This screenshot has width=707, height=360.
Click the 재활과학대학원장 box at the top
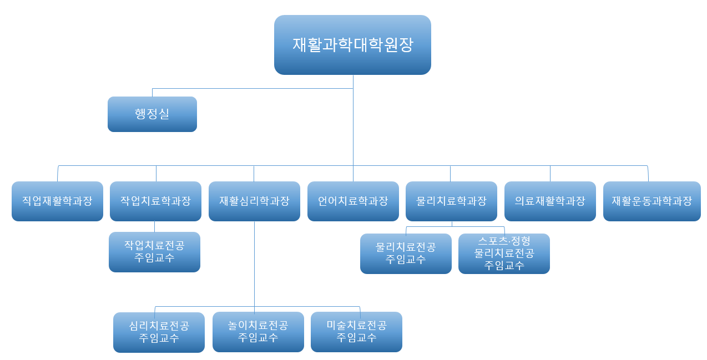352,45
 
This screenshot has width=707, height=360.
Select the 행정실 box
152,114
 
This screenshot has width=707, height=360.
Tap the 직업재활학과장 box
57,201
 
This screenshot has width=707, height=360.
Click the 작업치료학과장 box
155,201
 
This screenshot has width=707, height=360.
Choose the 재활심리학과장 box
254,201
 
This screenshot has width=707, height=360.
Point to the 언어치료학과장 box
353,201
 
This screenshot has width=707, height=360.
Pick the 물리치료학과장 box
451,201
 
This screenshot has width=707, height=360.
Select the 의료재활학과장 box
550,201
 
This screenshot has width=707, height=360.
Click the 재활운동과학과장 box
652,201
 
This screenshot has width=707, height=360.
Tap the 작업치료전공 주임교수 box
154,252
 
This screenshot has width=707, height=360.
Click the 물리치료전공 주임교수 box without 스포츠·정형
406,253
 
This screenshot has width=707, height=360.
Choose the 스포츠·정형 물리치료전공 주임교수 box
504,253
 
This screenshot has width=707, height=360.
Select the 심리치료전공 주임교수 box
159,332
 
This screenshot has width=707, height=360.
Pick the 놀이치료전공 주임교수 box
258,332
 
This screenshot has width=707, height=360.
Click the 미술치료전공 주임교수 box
356,332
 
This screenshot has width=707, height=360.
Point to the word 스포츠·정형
504,241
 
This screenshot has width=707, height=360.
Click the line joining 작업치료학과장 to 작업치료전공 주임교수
154,226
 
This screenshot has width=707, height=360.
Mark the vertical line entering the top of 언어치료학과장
353,174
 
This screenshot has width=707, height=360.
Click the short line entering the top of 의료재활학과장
550,174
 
